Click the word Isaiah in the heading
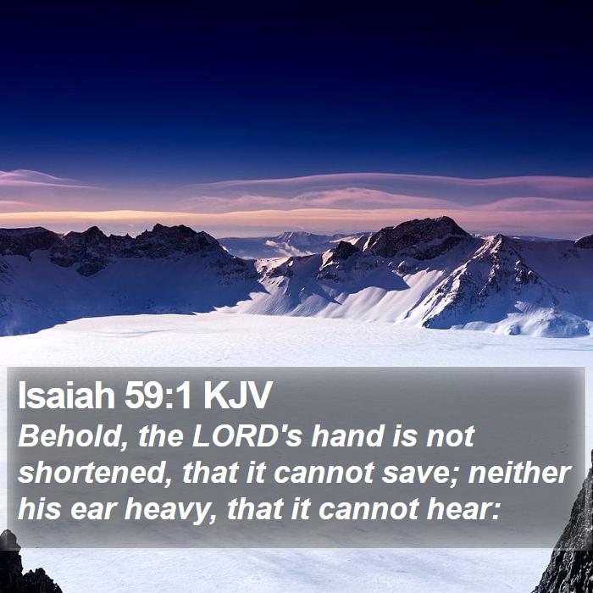click(66, 396)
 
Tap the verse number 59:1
click(158, 396)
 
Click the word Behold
click(69, 436)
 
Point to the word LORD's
click(247, 435)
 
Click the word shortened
click(95, 473)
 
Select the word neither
click(519, 473)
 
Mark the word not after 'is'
click(451, 437)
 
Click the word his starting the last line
click(39, 509)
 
